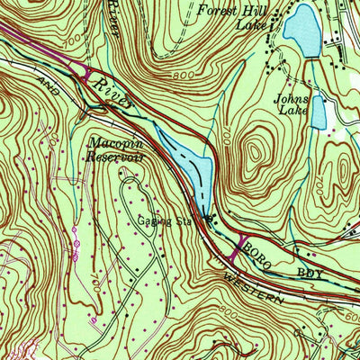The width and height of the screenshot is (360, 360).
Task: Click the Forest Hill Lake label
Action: point(237,19)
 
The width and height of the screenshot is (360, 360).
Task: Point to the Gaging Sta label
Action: point(160,220)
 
